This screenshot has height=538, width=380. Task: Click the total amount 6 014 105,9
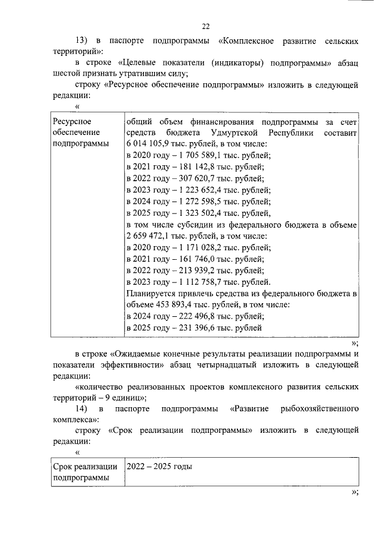pos(148,144)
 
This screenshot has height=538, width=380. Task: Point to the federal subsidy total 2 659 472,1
pos(148,236)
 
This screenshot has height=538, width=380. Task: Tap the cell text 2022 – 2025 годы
pos(160,467)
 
